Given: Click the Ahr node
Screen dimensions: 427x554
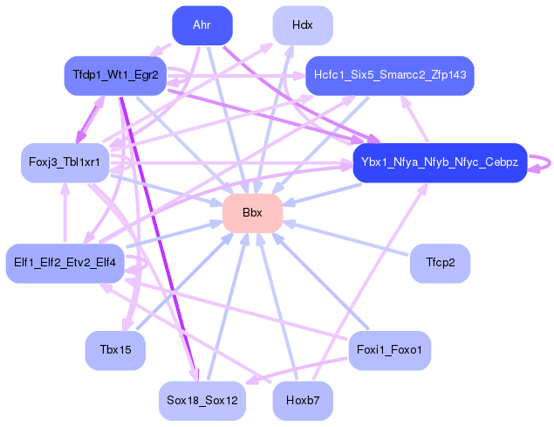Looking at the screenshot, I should click(x=202, y=25).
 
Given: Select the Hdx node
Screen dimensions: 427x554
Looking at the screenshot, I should click(x=303, y=25).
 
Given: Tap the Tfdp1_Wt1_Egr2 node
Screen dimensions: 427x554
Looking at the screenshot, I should click(x=116, y=76).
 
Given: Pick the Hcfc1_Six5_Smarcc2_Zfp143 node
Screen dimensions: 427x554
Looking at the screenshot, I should click(x=389, y=76).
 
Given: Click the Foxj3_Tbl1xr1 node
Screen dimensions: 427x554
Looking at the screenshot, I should click(x=65, y=162).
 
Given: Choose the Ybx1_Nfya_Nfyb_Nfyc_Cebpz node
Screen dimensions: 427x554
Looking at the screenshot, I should click(x=440, y=162).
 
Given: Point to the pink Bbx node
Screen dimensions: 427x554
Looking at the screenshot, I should click(x=252, y=213).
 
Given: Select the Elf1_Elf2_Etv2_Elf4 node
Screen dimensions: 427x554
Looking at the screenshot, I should click(x=65, y=263).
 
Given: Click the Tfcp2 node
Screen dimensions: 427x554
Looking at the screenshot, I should click(x=440, y=263).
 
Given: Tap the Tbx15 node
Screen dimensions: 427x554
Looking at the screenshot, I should click(x=115, y=350).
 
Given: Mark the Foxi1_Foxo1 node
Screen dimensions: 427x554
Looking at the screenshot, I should click(x=390, y=350).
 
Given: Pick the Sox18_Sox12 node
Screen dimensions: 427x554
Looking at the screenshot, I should click(x=202, y=401).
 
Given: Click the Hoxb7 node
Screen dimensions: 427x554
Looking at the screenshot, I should click(x=303, y=401).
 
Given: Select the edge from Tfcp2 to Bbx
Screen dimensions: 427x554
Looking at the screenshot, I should click(x=349, y=238).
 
